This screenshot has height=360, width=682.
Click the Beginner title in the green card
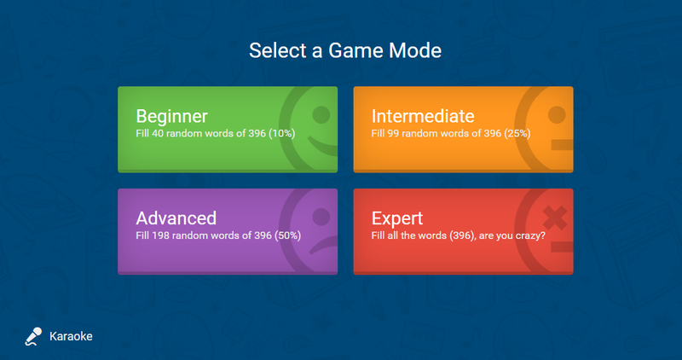click(x=172, y=116)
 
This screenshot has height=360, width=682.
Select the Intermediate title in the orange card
click(x=423, y=116)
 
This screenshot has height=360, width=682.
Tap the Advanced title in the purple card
click(x=176, y=218)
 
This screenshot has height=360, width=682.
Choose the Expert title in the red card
click(x=397, y=219)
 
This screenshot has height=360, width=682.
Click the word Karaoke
click(x=71, y=336)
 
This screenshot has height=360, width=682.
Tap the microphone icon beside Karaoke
click(x=33, y=336)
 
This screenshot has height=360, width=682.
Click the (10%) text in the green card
click(x=282, y=133)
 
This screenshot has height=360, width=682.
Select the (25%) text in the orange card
click(x=517, y=133)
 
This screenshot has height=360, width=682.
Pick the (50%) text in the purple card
click(x=287, y=235)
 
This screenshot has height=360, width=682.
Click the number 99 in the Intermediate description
click(x=393, y=133)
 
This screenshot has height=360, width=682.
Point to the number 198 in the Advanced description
click(x=160, y=235)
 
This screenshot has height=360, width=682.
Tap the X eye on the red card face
click(x=555, y=218)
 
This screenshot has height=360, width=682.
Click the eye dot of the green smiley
click(x=321, y=114)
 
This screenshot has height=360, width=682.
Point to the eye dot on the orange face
click(x=557, y=115)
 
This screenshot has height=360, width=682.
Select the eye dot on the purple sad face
click(x=321, y=217)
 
